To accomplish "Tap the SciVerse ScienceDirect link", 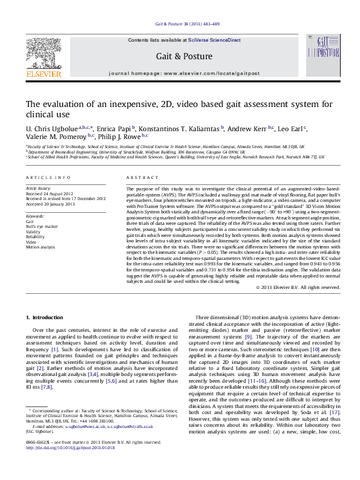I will [x=214, y=40].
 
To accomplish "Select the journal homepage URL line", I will [x=184, y=73].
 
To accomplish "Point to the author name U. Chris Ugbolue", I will [x=53, y=129].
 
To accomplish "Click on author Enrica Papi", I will [x=116, y=129].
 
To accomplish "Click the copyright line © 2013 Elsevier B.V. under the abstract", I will [x=298, y=287].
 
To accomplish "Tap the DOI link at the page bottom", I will [x=68, y=465].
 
